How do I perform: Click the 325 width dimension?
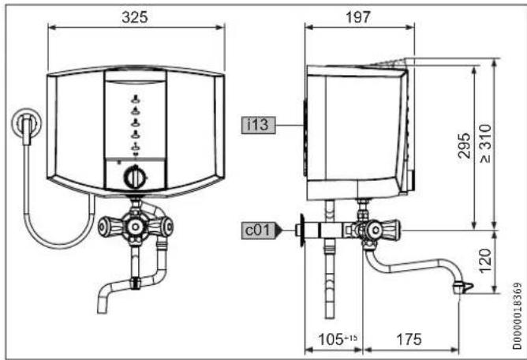click(x=135, y=17)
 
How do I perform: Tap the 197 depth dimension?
click(x=358, y=17)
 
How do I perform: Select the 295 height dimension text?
click(x=465, y=146)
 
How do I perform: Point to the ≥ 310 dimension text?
click(x=486, y=144)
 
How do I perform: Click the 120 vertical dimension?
click(x=485, y=261)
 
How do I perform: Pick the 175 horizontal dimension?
click(x=409, y=339)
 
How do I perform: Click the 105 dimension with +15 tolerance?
click(x=338, y=339)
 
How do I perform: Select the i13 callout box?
click(x=258, y=126)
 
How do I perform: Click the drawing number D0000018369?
click(x=518, y=316)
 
